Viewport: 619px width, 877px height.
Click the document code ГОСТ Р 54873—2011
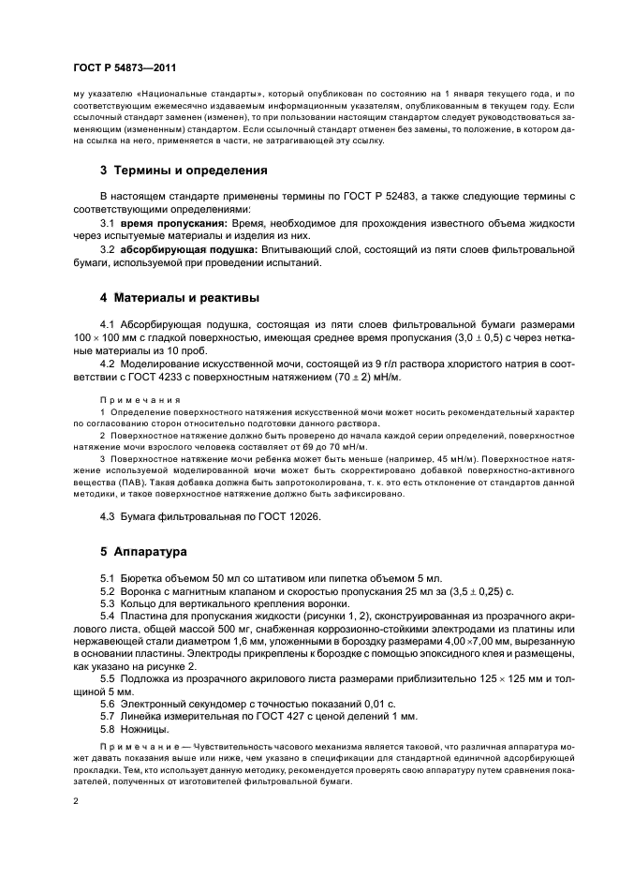[x=125, y=67]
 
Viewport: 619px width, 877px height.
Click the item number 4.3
[x=107, y=514]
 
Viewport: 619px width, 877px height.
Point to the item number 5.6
[x=107, y=702]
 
